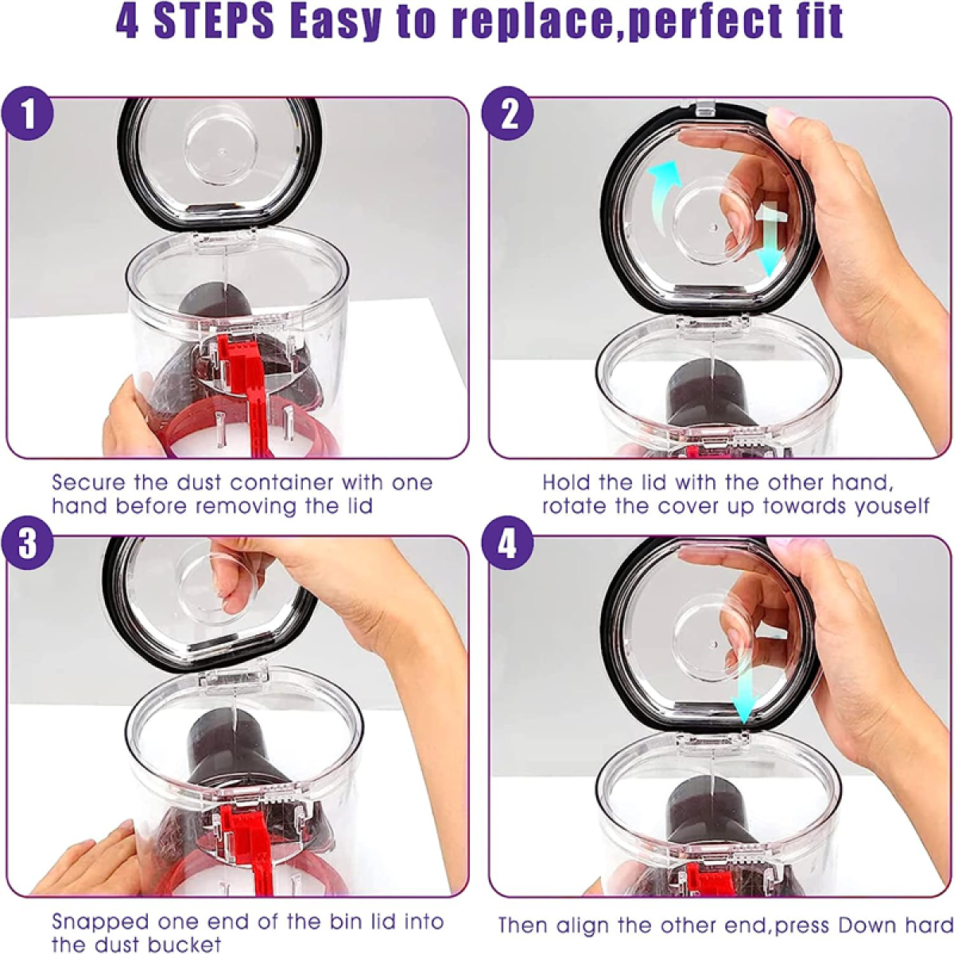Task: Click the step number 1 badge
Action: pos(27,114)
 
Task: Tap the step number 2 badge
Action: pos(508,114)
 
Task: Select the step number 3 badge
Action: pos(27,544)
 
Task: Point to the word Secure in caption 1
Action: pos(89,483)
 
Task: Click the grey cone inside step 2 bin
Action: pos(712,396)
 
